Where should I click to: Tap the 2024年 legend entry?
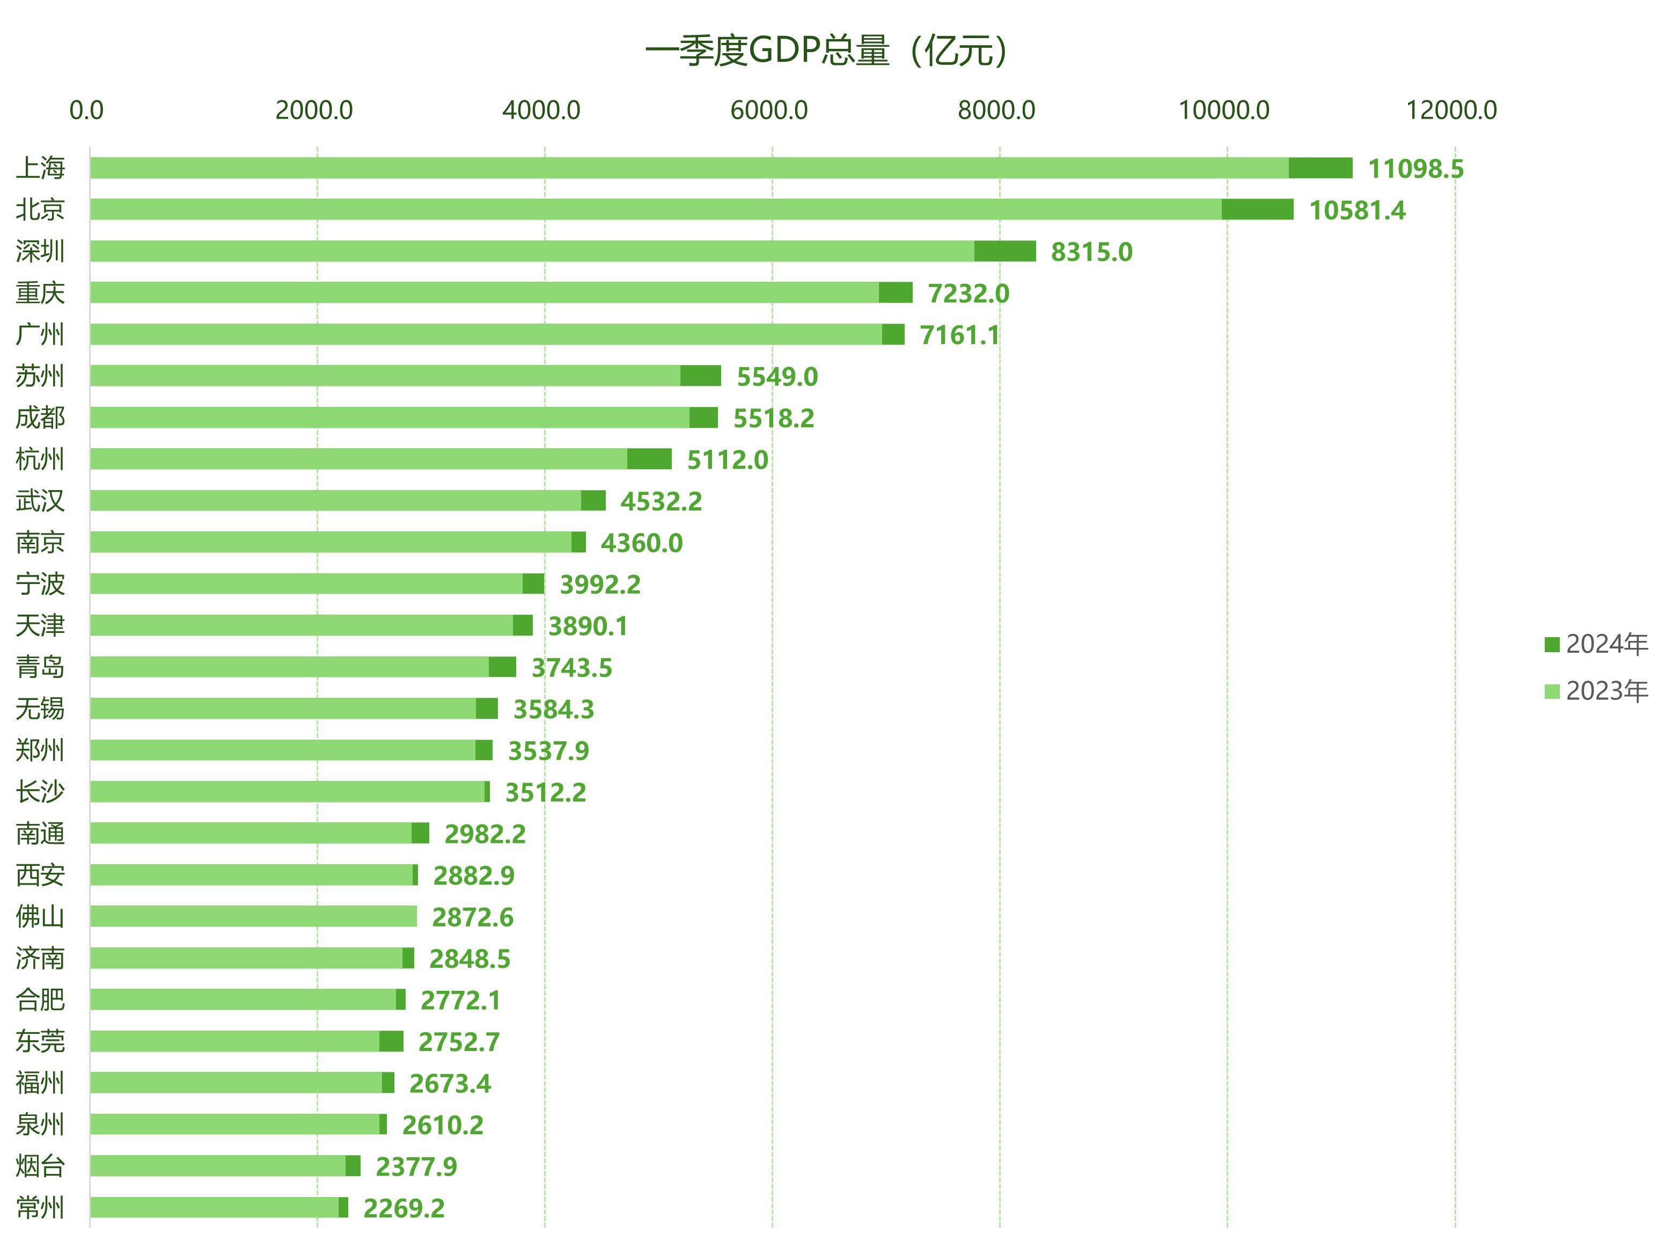coord(1595,645)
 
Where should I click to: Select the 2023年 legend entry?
coord(1595,691)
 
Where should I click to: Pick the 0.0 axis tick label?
coord(86,111)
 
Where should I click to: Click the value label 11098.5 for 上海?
coord(1415,169)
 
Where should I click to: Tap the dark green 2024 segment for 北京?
coord(1257,209)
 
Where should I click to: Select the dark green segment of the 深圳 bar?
coord(1004,251)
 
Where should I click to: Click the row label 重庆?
coord(41,293)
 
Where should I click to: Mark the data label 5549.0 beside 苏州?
coord(777,377)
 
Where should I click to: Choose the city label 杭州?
coord(41,459)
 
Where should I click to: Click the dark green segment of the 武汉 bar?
coord(593,501)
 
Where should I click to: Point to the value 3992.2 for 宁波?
coord(600,585)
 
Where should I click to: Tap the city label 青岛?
coord(41,667)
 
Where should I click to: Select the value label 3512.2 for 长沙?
coord(545,793)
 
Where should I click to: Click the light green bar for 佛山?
coord(253,917)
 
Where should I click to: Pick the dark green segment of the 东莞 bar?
coord(391,1042)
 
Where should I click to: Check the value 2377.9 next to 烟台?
coord(416,1168)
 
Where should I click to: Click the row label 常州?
coord(41,1207)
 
